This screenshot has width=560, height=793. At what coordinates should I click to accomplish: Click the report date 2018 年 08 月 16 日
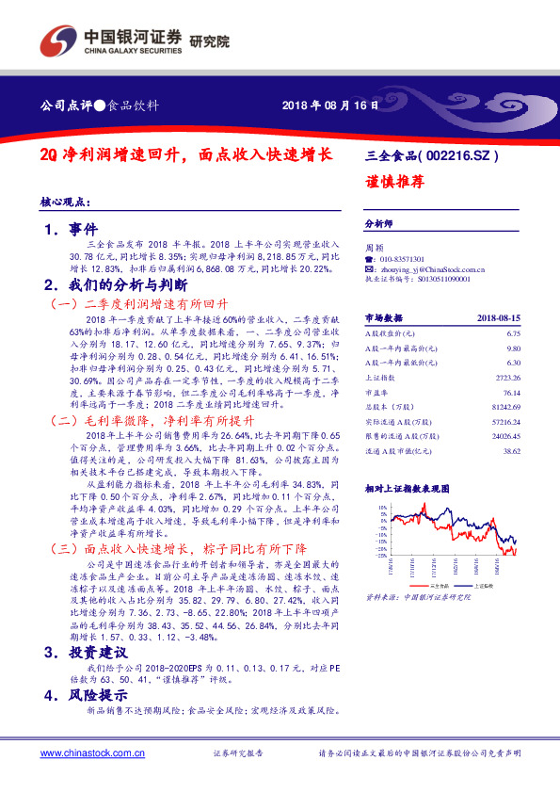click(x=330, y=105)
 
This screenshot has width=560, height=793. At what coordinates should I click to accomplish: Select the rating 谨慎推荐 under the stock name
click(x=390, y=183)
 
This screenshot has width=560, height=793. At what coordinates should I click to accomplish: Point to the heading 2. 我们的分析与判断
click(x=116, y=284)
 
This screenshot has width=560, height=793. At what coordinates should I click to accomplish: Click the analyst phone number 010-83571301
click(x=401, y=258)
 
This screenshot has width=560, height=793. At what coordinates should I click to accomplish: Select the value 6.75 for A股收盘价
click(x=513, y=333)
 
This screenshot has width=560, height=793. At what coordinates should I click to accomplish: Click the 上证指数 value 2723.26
click(x=507, y=378)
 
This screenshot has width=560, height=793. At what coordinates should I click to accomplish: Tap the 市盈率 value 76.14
click(x=510, y=393)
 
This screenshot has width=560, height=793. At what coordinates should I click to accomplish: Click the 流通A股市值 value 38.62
click(x=510, y=452)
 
